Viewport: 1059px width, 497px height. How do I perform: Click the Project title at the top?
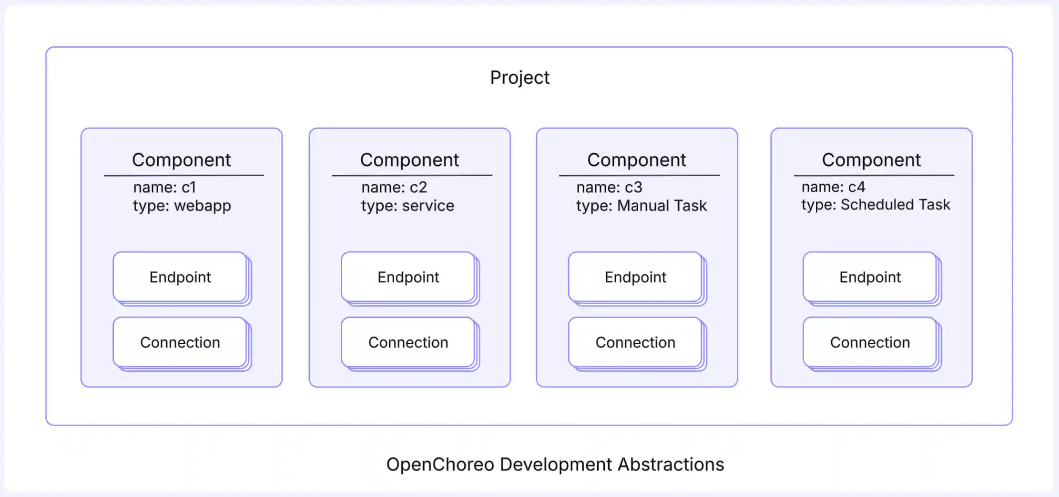click(519, 78)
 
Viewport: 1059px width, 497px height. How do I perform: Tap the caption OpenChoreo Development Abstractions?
click(555, 464)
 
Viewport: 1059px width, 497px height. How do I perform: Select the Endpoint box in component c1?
click(180, 277)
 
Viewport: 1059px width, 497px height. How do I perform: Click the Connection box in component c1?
click(180, 342)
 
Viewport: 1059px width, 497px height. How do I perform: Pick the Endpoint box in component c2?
click(408, 277)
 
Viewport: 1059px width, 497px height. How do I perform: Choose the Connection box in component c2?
click(408, 342)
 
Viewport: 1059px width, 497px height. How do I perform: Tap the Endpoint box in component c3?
click(635, 277)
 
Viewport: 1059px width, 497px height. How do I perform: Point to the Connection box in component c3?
click(635, 342)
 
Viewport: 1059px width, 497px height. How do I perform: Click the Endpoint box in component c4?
click(870, 277)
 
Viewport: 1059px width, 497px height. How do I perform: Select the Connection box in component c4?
click(870, 342)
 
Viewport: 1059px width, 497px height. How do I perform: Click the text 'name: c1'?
click(164, 187)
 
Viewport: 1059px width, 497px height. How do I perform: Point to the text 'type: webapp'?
click(182, 206)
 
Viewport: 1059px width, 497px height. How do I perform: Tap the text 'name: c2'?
click(394, 187)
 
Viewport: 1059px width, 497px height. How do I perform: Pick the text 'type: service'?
click(407, 206)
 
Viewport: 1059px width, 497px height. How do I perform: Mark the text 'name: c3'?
click(609, 187)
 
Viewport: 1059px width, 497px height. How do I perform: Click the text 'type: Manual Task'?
click(641, 206)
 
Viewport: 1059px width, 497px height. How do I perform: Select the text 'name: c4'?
click(833, 187)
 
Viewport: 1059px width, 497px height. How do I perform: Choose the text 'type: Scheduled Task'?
click(876, 205)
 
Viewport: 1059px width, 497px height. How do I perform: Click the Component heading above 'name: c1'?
click(181, 160)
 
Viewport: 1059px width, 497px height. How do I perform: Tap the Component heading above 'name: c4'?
click(871, 160)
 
